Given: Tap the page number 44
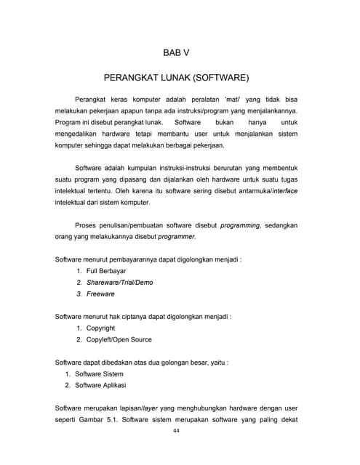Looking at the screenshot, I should tap(176, 431).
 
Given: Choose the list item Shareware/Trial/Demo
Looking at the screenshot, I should tap(119, 282).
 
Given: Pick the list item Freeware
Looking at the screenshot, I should tap(100, 294).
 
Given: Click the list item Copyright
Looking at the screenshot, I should tap(100, 328).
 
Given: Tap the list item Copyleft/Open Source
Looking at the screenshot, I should tap(119, 339).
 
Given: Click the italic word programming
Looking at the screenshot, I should tap(240, 225).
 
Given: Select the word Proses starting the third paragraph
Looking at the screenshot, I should tap(89, 225).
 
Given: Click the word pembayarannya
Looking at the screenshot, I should tap(152, 259).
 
